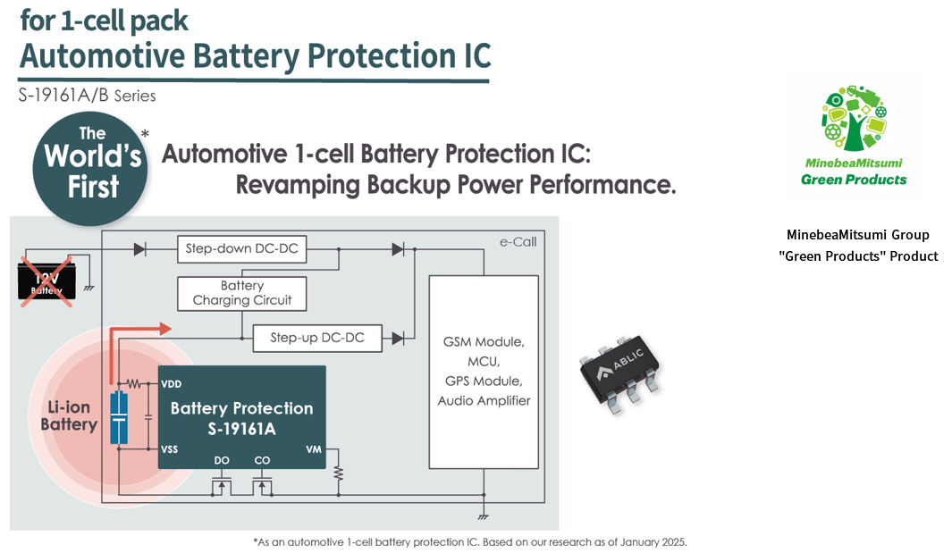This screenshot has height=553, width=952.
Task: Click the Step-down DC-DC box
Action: (x=241, y=249)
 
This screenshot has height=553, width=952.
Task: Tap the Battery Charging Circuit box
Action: (x=241, y=293)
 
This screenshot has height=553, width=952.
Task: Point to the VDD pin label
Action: (x=171, y=384)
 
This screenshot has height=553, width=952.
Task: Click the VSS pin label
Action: (x=170, y=448)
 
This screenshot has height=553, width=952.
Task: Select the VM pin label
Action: (x=313, y=449)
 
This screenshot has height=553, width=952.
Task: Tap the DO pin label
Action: (x=223, y=460)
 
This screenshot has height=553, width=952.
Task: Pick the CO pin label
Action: (x=262, y=460)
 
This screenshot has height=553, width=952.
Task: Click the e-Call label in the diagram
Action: (x=518, y=242)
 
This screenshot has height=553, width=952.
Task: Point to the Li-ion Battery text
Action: (x=69, y=415)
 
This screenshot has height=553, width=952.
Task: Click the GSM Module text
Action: (x=484, y=342)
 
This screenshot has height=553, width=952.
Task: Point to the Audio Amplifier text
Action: (x=484, y=400)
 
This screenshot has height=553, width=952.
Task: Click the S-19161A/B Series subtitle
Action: (x=87, y=96)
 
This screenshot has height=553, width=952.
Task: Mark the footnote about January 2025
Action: (x=470, y=541)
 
